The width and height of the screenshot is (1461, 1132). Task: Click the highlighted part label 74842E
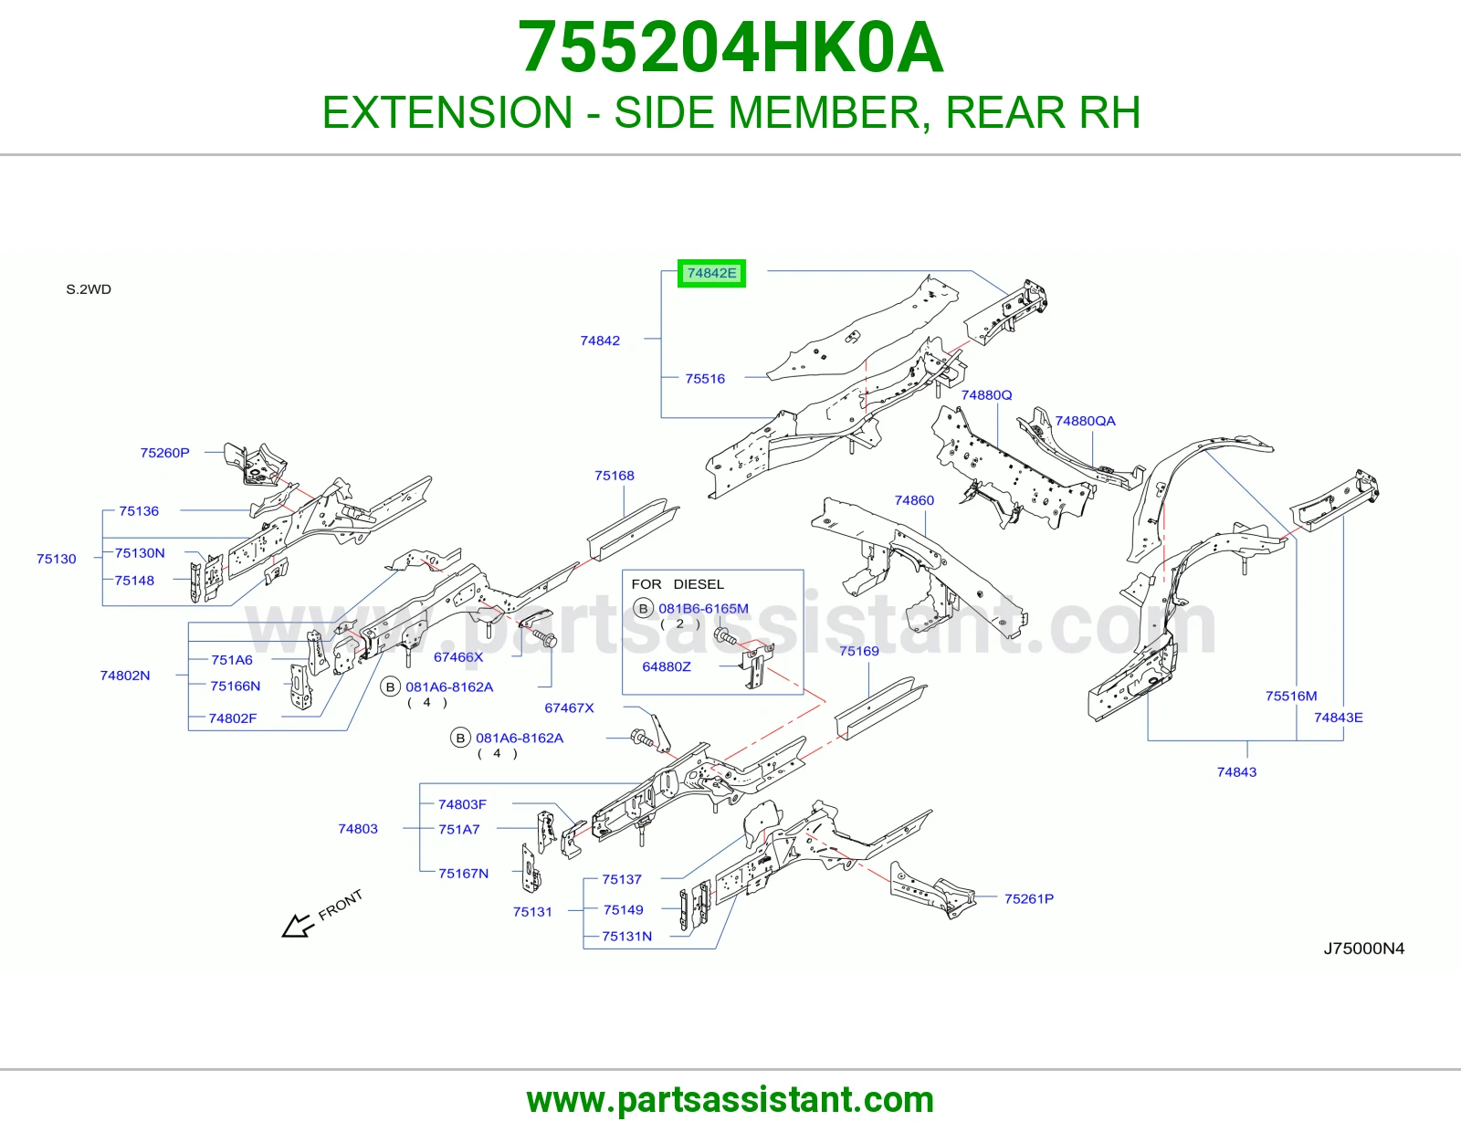[711, 273]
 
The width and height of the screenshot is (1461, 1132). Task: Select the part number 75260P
[164, 453]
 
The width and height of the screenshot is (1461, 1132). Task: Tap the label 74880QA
[1085, 421]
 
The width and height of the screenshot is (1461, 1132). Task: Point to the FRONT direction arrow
[298, 926]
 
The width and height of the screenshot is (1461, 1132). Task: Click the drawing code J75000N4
[1364, 949]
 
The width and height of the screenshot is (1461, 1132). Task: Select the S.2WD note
[89, 289]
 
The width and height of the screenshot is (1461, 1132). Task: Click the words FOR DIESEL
[678, 584]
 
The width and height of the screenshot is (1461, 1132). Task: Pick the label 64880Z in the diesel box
[667, 666]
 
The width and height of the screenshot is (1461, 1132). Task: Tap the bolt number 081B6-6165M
[703, 608]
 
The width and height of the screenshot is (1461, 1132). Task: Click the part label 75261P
[1029, 898]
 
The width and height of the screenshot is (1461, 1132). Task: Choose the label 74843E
[1339, 718]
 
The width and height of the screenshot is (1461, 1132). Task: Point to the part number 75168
[615, 476]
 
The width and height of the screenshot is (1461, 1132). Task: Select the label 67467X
[570, 707]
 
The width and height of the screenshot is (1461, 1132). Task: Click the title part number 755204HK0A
[730, 47]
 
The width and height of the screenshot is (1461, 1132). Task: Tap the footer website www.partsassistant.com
[730, 1100]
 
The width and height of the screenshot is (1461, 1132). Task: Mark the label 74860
[914, 500]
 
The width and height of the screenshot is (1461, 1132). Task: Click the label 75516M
[1291, 697]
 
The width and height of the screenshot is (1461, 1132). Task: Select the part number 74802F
[233, 718]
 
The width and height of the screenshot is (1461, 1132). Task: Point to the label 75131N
[626, 937]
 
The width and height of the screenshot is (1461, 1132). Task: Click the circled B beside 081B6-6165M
[644, 609]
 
